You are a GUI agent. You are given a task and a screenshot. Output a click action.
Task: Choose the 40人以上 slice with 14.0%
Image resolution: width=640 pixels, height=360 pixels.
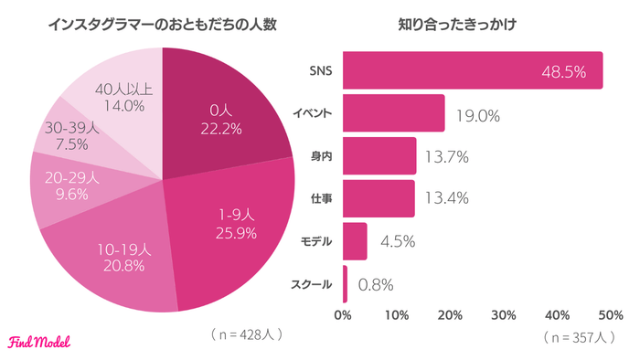(x=119, y=91)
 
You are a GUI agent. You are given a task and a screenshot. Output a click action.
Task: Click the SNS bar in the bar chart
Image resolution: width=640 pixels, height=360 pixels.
(x=457, y=70)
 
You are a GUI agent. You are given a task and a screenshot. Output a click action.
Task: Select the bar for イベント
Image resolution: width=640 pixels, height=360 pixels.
(x=393, y=113)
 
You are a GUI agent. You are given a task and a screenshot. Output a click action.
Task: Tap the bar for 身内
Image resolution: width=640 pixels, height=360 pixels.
(x=379, y=156)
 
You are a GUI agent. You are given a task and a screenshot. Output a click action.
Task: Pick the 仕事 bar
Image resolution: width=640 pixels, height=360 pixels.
(x=379, y=198)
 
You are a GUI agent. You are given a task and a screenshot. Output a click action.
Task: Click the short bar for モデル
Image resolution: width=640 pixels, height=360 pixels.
(x=355, y=241)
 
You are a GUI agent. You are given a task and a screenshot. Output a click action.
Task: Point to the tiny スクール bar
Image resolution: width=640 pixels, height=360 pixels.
(x=345, y=284)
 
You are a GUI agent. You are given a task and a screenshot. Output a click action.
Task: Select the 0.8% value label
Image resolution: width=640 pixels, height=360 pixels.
(x=376, y=284)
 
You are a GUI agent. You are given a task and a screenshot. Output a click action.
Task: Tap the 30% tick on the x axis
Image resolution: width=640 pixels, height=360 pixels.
(x=505, y=316)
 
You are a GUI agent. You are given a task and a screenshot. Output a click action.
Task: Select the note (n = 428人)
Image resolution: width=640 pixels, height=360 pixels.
(x=246, y=334)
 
